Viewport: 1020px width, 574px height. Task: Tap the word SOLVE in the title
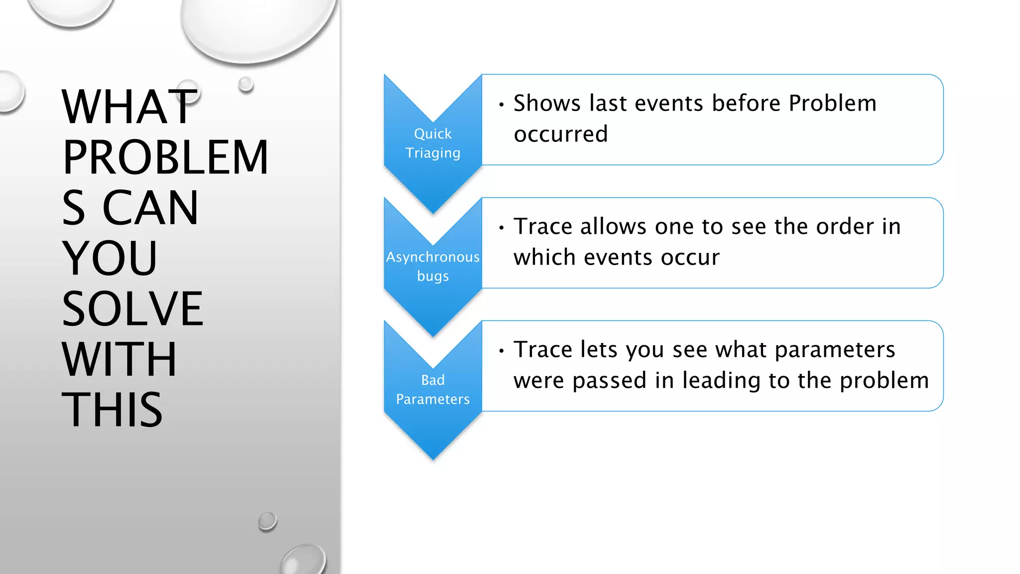(x=132, y=309)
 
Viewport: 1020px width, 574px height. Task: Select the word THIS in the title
(x=112, y=410)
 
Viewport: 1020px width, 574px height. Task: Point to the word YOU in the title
(x=110, y=258)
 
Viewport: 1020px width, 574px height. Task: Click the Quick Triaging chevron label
(x=433, y=143)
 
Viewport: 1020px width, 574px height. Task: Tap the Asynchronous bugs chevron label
(x=433, y=266)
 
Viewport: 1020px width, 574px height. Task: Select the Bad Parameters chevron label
(x=433, y=389)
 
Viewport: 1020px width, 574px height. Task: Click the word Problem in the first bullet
(x=832, y=103)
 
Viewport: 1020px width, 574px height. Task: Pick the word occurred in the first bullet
(x=561, y=134)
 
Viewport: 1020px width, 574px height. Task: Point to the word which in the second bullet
(x=544, y=258)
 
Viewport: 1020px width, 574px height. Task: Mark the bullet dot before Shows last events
(x=502, y=105)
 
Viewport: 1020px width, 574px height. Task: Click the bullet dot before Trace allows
(x=502, y=228)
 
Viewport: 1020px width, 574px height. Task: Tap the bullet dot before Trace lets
(x=502, y=351)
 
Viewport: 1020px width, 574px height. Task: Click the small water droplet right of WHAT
(x=246, y=84)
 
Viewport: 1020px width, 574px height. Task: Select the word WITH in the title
(x=119, y=359)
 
